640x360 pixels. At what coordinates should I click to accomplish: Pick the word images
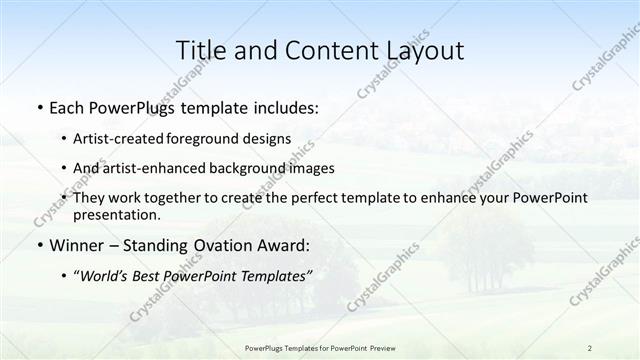tap(309, 168)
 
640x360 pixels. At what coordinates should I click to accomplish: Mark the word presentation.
tap(117, 214)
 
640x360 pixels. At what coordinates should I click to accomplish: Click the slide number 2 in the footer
tap(590, 347)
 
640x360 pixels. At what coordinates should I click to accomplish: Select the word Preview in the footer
tap(376, 347)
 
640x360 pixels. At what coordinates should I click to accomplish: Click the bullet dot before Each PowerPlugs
tap(39, 107)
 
